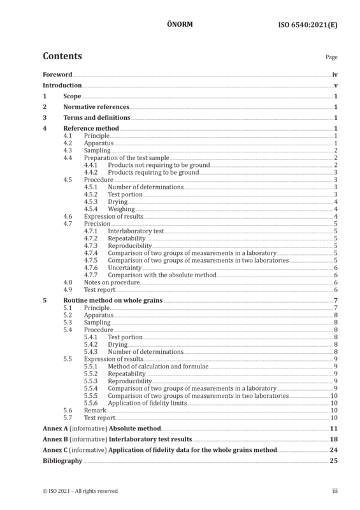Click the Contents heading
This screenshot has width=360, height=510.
(x=62, y=56)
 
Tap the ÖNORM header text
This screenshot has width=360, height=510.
(x=180, y=24)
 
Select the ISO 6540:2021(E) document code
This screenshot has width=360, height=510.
(x=308, y=25)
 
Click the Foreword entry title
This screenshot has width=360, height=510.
(x=57, y=75)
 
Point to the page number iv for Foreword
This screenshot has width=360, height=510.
(x=335, y=75)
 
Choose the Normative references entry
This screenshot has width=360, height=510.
(x=96, y=106)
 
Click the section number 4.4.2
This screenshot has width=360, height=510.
(x=90, y=172)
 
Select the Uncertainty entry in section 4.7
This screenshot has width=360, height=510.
(x=124, y=268)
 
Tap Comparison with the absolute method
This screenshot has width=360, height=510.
(x=162, y=275)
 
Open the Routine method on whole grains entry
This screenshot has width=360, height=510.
(x=113, y=300)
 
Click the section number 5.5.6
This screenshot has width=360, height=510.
(x=90, y=403)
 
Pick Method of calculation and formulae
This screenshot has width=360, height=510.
(x=158, y=366)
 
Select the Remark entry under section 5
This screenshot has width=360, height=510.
(x=95, y=410)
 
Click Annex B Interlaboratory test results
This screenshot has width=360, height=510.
(x=117, y=439)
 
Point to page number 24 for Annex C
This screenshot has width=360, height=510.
(x=334, y=450)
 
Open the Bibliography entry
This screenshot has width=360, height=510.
(x=62, y=460)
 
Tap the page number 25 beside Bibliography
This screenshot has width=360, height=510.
(x=334, y=460)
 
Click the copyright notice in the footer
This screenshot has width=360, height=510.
(x=80, y=491)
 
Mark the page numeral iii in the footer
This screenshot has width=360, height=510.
(x=335, y=491)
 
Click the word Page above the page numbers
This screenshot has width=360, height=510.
(x=332, y=57)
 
